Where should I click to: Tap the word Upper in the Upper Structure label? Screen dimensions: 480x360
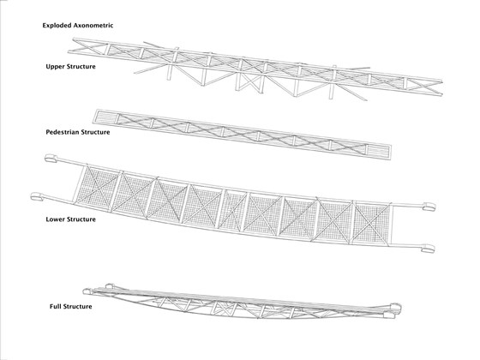click(54, 67)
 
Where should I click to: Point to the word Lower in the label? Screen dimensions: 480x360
click(55, 219)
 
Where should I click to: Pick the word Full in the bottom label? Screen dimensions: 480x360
click(55, 307)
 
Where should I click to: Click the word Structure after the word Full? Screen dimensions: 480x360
click(77, 307)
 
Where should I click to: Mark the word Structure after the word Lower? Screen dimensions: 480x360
click(81, 219)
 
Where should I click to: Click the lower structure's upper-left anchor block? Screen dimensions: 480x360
click(51, 159)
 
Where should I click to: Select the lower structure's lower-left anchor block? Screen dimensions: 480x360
click(37, 196)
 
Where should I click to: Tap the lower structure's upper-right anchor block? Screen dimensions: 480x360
click(429, 207)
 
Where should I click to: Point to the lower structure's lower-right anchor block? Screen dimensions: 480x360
click(428, 249)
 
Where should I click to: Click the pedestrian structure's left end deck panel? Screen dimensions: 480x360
click(105, 118)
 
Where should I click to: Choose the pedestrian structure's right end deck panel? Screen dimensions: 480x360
click(378, 151)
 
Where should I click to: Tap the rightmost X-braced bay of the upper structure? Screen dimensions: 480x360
click(424, 86)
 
